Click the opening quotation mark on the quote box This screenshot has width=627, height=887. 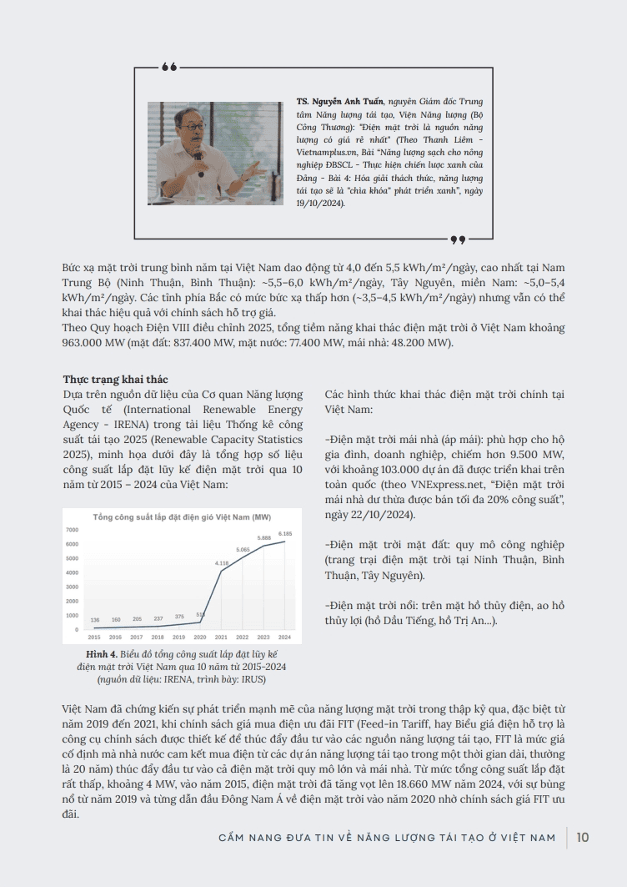[169, 67]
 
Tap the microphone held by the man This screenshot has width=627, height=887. [198, 154]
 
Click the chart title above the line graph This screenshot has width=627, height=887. [182, 517]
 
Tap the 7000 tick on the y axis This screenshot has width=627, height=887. [71, 530]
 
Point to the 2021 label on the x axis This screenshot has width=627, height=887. [222, 638]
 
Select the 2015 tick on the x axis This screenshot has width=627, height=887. [94, 638]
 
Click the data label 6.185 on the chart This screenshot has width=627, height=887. [285, 533]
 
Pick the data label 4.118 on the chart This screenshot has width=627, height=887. [222, 563]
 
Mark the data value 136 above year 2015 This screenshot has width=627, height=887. [95, 620]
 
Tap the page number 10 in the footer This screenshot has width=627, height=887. [583, 837]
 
